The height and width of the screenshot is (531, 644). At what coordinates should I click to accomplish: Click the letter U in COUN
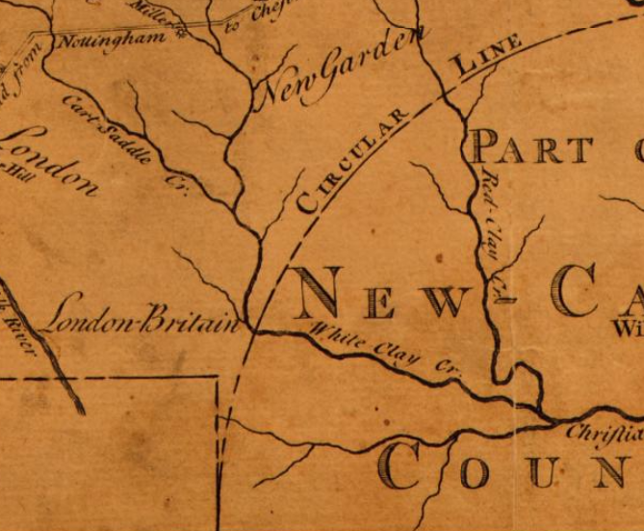click(x=545, y=472)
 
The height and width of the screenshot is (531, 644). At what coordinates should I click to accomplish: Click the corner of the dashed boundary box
click(x=219, y=379)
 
